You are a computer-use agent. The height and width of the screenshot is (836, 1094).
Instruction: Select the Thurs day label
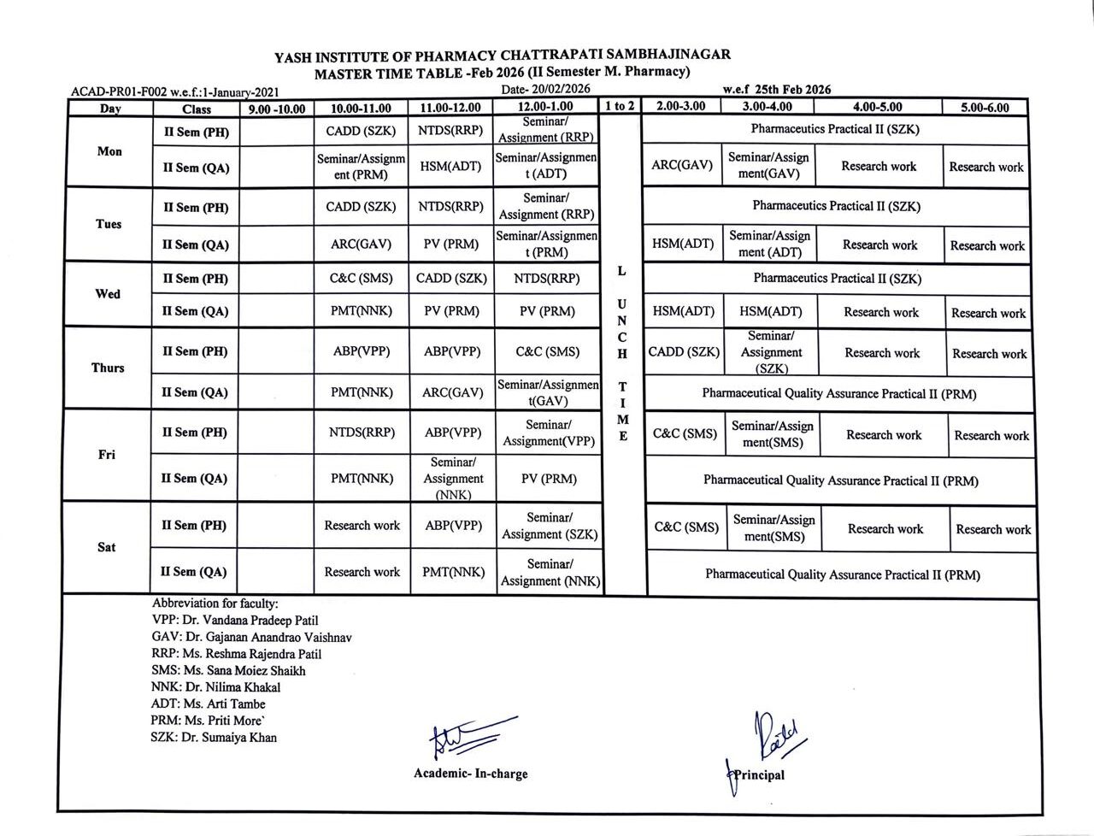pos(108,368)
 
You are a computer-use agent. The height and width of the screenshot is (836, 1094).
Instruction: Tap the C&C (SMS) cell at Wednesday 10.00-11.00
pos(362,278)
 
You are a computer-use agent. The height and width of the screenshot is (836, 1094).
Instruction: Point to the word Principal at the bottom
pos(759,775)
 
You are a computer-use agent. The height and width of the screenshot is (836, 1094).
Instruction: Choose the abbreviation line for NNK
pos(215,687)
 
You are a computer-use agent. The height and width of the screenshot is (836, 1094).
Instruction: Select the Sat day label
pos(106,547)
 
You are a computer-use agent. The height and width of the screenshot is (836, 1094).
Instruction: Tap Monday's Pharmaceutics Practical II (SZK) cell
pos(835,129)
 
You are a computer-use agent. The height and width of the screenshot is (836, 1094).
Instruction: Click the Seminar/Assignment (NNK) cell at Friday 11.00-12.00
pos(453,479)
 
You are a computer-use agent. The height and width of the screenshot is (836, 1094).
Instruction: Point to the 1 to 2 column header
pos(620,107)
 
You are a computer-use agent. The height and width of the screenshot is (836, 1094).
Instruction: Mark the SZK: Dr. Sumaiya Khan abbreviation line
pos(214,737)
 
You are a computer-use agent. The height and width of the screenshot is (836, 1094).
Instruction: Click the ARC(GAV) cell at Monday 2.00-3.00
pos(682,165)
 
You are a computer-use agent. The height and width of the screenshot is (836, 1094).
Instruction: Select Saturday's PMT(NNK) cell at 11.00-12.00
pos(453,572)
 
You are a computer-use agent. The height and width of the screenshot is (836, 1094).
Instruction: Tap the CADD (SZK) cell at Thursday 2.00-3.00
pos(684,351)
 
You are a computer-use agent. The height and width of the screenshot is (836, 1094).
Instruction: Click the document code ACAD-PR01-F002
pos(119,91)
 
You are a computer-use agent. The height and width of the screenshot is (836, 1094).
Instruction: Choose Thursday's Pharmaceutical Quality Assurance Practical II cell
pos(839,394)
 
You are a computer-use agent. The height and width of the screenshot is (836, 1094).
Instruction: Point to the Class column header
pos(197,109)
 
